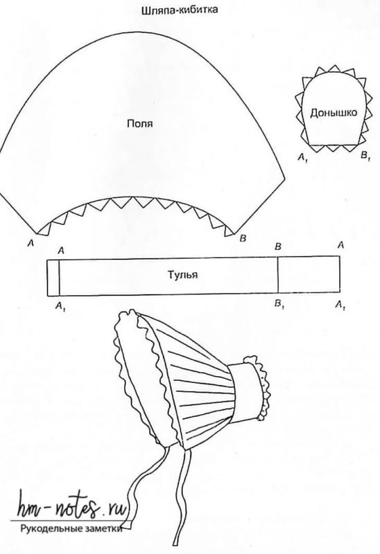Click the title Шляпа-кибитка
(180, 10)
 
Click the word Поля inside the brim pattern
(140, 124)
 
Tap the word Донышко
(334, 113)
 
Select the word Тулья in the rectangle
(182, 275)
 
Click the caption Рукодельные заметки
(71, 529)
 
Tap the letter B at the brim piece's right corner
(243, 238)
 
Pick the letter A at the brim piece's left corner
(31, 243)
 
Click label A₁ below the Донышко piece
(303, 157)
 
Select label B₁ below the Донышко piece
(365, 155)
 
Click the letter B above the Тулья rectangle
(278, 247)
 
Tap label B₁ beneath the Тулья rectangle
(279, 304)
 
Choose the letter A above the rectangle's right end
(340, 244)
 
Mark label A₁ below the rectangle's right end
(340, 304)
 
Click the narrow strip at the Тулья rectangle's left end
(53, 278)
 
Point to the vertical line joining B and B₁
(278, 275)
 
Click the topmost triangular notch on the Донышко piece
(333, 69)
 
